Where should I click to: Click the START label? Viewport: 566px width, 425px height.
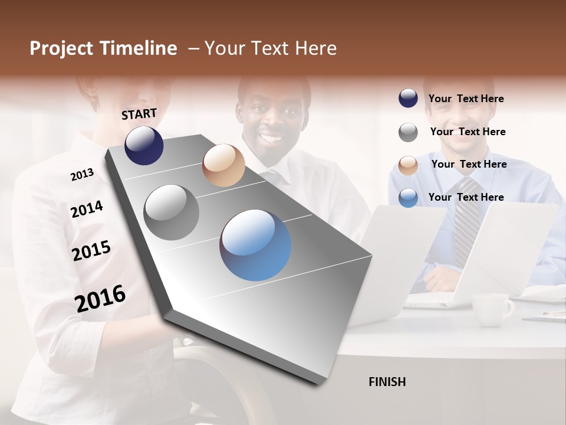coord(139,114)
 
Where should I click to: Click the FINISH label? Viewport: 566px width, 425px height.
coord(387,382)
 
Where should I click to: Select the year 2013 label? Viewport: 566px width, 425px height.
coord(82,175)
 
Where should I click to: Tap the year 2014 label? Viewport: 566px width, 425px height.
coord(87,209)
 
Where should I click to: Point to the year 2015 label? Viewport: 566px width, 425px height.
coord(91,251)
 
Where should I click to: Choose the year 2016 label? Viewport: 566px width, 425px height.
coord(100,298)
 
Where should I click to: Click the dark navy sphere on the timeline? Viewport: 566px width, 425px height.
coord(144,145)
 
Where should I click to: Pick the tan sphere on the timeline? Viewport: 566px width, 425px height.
coord(223,165)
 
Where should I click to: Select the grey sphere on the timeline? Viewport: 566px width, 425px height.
coord(172,212)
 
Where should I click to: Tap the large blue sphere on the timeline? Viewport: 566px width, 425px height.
coord(255,245)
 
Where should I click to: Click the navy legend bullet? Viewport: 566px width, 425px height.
coord(408,98)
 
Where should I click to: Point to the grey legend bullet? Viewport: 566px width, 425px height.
coord(408,132)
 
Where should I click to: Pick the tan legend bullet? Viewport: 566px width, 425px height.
coord(408,165)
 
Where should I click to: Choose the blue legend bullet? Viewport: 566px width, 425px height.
coord(408,198)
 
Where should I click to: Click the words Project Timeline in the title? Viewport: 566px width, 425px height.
coord(103,48)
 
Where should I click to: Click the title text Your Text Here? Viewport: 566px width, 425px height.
coord(271,48)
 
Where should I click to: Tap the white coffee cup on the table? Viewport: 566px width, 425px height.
coord(492,309)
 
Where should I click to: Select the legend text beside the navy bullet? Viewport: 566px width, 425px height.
coord(466,99)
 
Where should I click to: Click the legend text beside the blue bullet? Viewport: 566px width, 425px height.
coord(466,197)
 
